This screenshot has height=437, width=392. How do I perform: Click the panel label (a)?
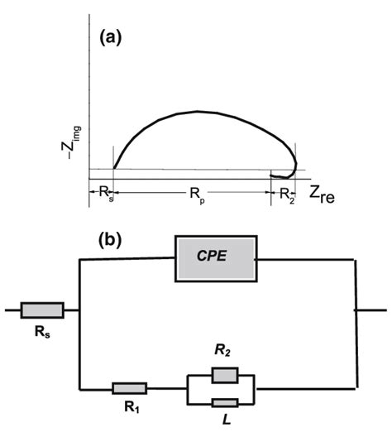[x=111, y=38]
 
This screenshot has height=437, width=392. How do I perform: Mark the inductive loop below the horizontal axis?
[x=284, y=175]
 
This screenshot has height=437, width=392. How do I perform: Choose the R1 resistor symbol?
[x=128, y=387]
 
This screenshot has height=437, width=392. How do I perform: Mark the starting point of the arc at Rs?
[x=112, y=167]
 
